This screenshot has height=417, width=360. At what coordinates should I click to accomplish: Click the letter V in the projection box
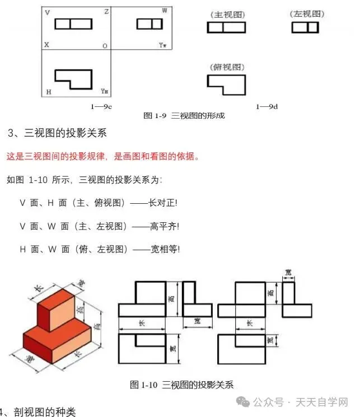point(46,11)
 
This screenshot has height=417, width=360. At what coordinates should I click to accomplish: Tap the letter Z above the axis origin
point(106,11)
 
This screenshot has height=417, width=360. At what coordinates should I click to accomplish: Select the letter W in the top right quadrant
point(164,11)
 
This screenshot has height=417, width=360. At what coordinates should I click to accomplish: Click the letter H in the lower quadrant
point(48,91)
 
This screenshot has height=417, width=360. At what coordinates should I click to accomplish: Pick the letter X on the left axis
point(46,45)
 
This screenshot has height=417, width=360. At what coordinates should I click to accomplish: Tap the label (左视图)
point(307,13)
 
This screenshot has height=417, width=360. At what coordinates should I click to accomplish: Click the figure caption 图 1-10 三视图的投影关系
point(181,385)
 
